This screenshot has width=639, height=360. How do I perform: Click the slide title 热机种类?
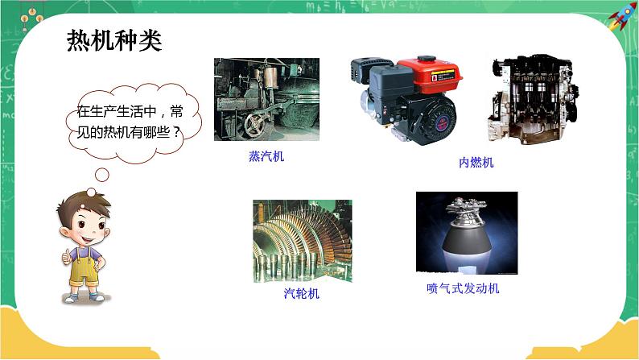coord(113,39)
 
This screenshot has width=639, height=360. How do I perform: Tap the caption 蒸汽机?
coord(266,157)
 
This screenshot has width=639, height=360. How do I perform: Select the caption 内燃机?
coord(476,163)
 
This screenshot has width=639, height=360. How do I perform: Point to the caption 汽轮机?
coord(302,293)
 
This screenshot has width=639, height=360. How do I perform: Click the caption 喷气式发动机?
coord(463,288)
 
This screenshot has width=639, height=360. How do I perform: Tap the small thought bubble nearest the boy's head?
coord(91,190)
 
